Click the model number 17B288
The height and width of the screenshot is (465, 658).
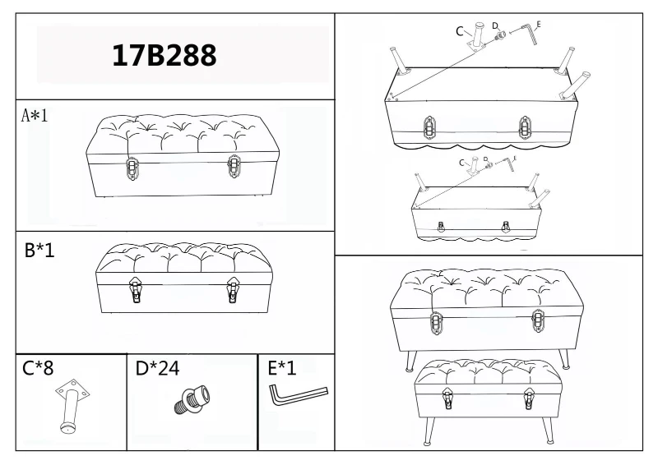[x=164, y=55]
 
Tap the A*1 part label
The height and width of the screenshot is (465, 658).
[x=35, y=115]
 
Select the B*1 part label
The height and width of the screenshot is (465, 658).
[x=39, y=250]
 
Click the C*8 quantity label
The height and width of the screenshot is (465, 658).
[x=38, y=368]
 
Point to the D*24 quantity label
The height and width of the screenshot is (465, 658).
[x=157, y=368]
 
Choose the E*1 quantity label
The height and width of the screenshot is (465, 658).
[x=282, y=368]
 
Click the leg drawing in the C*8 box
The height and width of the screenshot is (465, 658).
[x=72, y=406]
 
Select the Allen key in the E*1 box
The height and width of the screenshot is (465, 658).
[x=298, y=395]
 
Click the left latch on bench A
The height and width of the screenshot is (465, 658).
[x=132, y=168]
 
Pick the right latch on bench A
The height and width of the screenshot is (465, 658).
[x=234, y=167]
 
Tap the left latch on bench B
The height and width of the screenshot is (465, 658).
[x=135, y=289]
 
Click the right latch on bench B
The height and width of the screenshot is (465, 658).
[x=233, y=289]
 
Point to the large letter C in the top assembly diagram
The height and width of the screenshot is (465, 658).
[x=460, y=31]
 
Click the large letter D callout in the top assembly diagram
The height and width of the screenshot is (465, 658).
[x=495, y=26]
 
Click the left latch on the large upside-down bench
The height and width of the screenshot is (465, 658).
[x=429, y=127]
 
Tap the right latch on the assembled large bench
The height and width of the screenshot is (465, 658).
[x=538, y=320]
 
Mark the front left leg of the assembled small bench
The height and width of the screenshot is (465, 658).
[x=429, y=430]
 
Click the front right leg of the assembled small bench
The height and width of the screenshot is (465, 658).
[x=547, y=429]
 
